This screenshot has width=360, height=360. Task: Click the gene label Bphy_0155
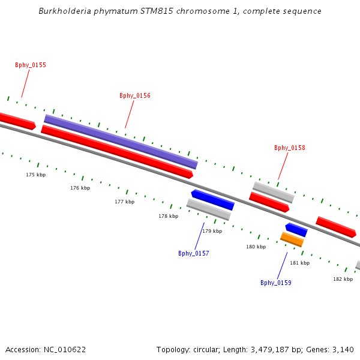31,65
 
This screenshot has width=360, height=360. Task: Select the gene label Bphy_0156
135,96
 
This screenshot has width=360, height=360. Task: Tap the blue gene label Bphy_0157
194,253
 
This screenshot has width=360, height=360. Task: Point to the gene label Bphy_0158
290,148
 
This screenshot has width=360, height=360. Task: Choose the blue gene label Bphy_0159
276,283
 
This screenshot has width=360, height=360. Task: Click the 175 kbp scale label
35,175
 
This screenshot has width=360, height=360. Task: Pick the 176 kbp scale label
80,188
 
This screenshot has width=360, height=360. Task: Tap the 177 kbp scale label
124,202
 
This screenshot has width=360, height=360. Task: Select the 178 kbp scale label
168,216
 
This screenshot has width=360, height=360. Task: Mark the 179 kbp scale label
212,231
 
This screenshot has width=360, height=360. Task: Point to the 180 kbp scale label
256,247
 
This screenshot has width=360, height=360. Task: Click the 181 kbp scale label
299,263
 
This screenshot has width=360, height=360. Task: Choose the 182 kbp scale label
343,279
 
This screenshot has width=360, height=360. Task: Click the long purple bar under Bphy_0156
121,142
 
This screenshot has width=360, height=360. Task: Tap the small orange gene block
292,239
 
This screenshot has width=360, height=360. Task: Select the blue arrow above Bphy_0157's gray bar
212,200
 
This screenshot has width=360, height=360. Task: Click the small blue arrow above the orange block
296,230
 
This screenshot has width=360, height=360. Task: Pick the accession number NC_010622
65,349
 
